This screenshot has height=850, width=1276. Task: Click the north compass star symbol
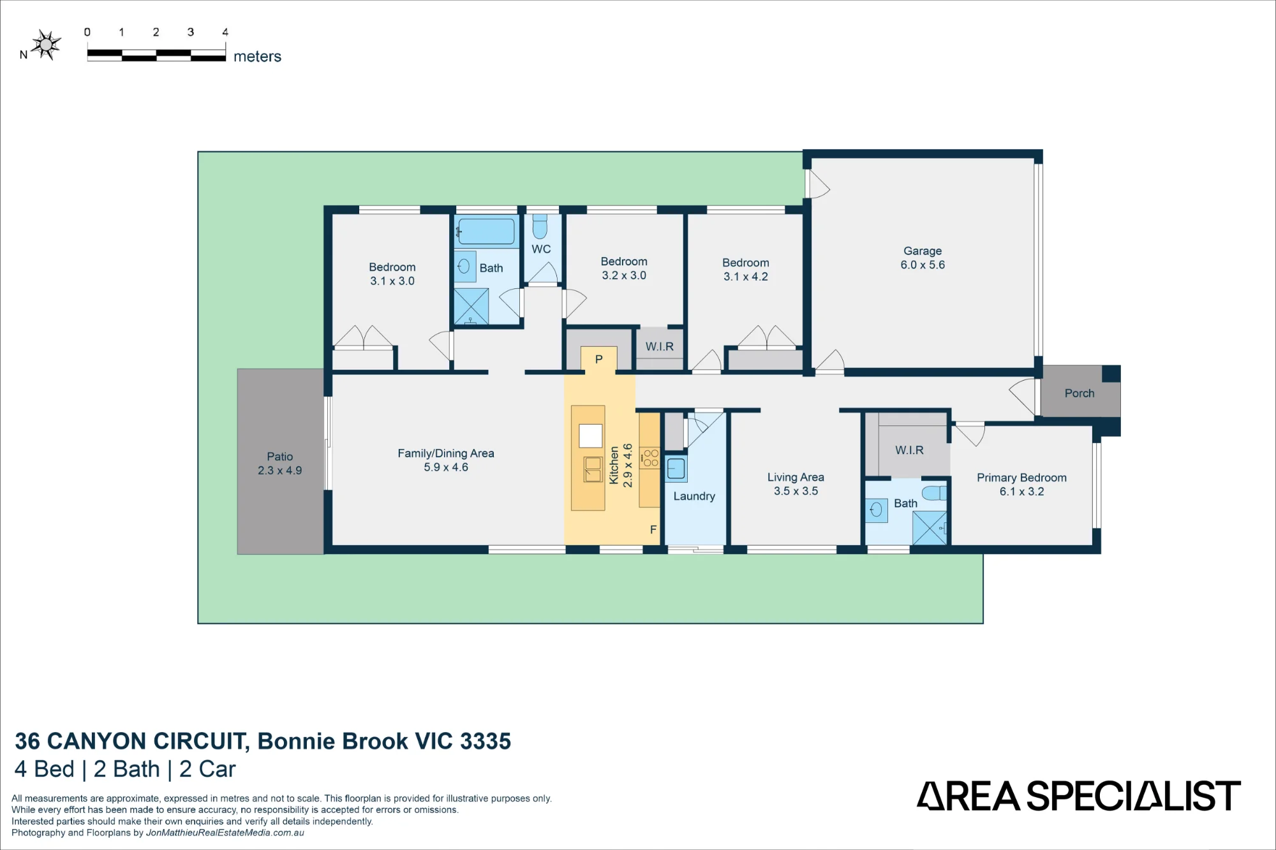pos(46,45)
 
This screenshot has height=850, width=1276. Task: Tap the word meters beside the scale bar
pos(257,57)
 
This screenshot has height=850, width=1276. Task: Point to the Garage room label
pos(923,251)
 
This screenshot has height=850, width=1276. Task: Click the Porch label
pos(1079,393)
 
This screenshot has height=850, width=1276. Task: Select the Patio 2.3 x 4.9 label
pos(280,464)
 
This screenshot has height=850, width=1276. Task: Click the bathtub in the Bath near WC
pos(486,231)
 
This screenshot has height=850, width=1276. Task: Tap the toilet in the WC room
pos(540,226)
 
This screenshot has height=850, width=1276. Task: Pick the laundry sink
pos(676,469)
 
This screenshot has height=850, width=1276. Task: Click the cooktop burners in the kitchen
pos(651,458)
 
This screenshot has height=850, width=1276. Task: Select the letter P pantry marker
pos(598,359)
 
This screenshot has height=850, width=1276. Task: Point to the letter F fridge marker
pos(653,529)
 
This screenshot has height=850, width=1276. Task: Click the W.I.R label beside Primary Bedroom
pos(909,450)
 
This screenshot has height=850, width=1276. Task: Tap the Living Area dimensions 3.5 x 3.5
pos(796,491)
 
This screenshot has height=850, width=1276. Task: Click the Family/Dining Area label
pos(446,453)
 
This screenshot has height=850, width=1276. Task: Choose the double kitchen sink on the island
pos(593,469)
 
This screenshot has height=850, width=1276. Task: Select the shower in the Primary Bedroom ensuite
pos(930,528)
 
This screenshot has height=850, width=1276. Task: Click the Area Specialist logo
pos(1079,796)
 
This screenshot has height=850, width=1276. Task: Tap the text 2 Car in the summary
pos(207,769)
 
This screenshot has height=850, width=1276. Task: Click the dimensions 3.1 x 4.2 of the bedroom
pos(746,277)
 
